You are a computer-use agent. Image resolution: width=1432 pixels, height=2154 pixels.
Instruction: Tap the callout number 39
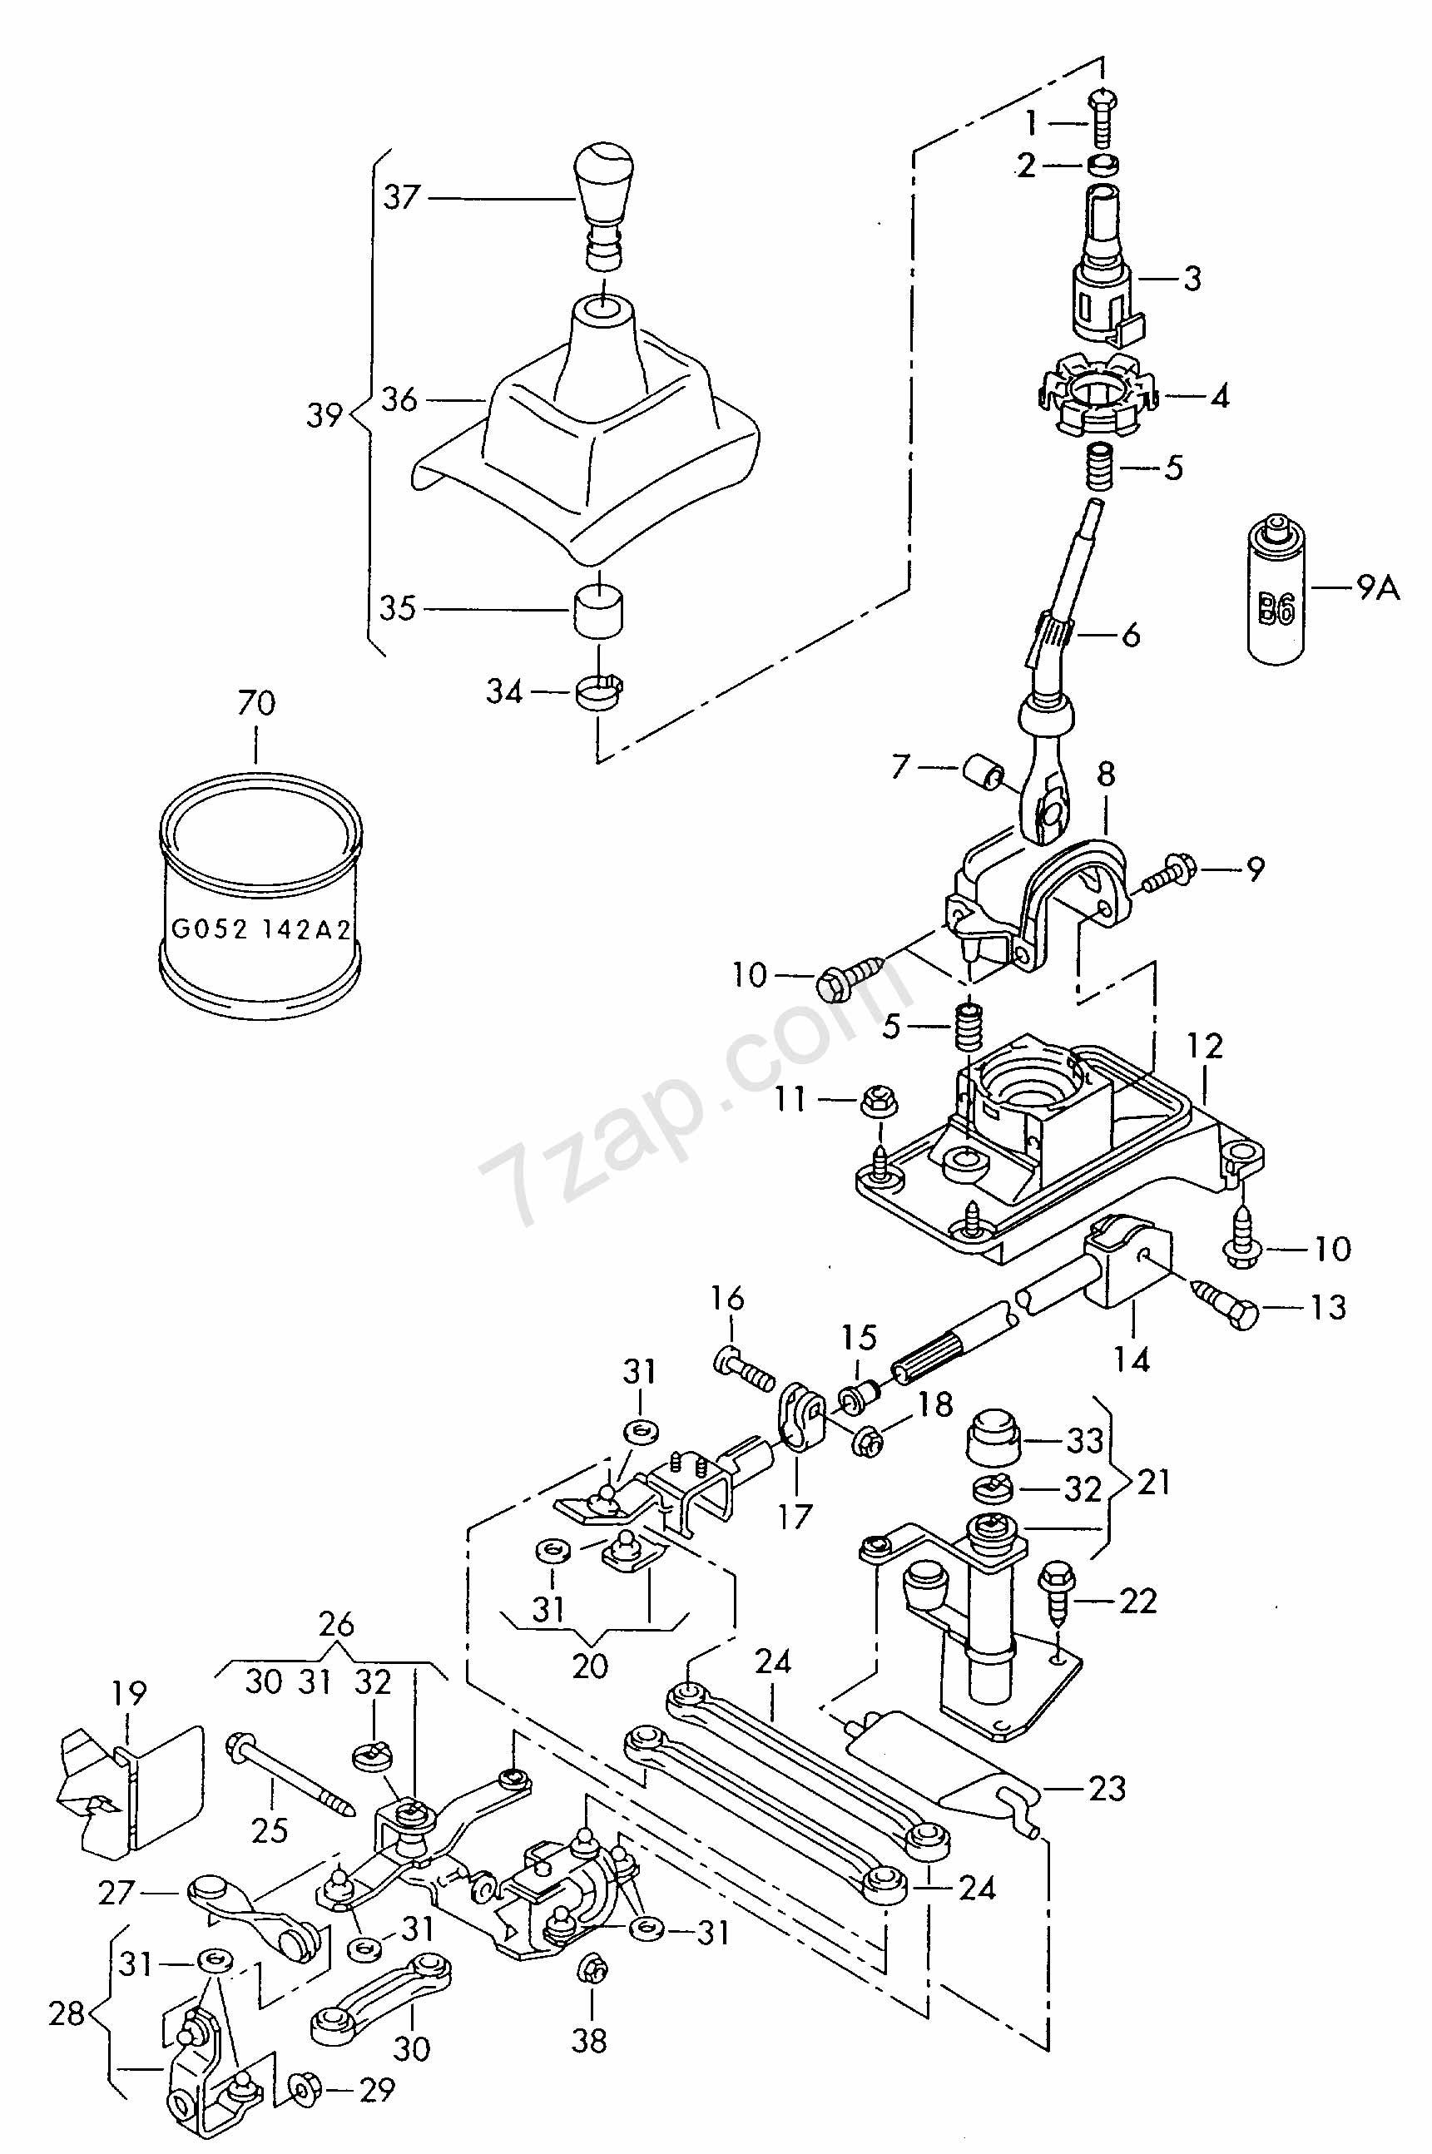(x=325, y=415)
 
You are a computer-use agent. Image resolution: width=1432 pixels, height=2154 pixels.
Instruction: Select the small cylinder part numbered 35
(x=597, y=609)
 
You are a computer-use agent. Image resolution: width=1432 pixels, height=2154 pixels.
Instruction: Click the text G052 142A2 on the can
(x=260, y=929)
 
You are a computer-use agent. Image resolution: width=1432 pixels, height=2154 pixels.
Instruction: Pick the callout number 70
(x=255, y=703)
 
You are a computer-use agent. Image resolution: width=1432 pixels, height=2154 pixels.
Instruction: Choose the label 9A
(x=1377, y=589)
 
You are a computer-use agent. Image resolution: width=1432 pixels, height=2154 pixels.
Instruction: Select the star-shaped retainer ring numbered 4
(x=1095, y=396)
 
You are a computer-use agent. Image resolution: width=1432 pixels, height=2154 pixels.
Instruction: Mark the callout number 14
(x=1132, y=1359)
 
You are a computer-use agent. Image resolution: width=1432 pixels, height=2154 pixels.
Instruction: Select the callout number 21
(x=1154, y=1480)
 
